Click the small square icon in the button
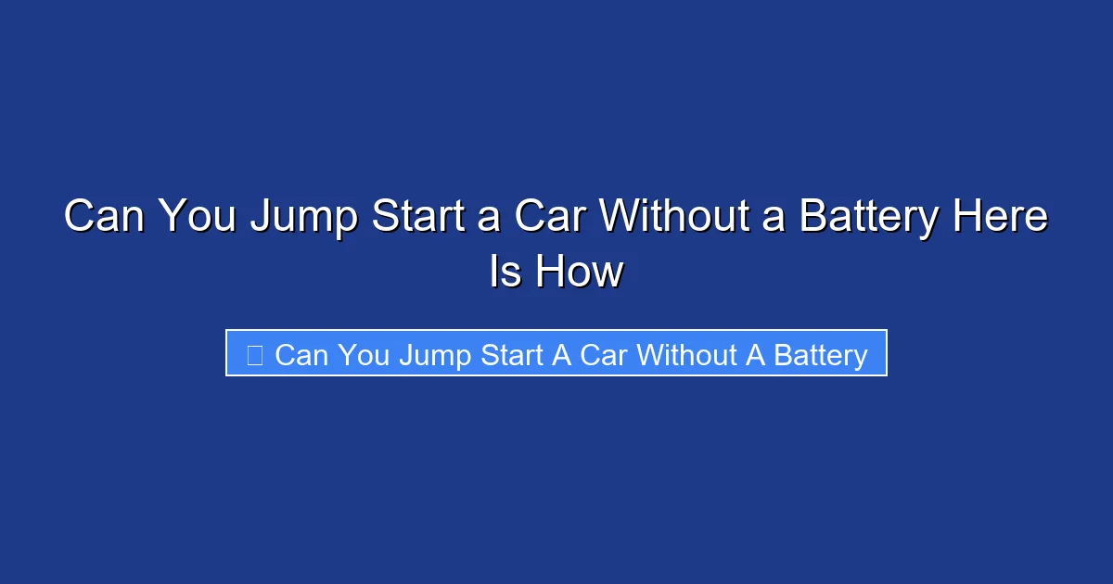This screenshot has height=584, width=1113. tap(254, 354)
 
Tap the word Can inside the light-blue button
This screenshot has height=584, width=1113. tap(301, 354)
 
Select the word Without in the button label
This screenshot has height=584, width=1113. tap(686, 354)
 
